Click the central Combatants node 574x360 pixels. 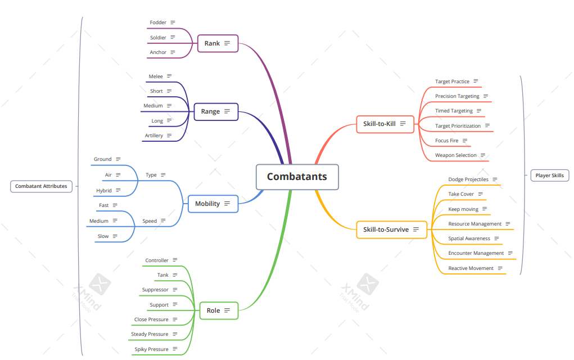tap(297, 177)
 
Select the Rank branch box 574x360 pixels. tap(218, 43)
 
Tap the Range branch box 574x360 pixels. tap(216, 111)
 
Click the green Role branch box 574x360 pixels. tap(219, 310)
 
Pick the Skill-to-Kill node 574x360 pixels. tap(385, 124)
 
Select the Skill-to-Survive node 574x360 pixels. tap(391, 229)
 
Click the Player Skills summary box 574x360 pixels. tap(549, 175)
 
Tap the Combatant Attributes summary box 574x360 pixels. tap(41, 186)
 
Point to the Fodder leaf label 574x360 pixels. tap(158, 22)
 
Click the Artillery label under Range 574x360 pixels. tap(154, 136)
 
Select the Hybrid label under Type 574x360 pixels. tap(104, 191)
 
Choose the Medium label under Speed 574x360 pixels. tap(99, 221)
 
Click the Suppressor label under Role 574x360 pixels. tap(155, 290)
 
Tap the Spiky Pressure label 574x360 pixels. tap(151, 349)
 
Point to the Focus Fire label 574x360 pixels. tap(446, 141)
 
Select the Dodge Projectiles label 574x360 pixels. tap(468, 179)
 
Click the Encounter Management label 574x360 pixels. tap(476, 253)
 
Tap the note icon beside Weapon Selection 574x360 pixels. tap(483, 155)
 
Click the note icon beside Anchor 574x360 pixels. tap(173, 52)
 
